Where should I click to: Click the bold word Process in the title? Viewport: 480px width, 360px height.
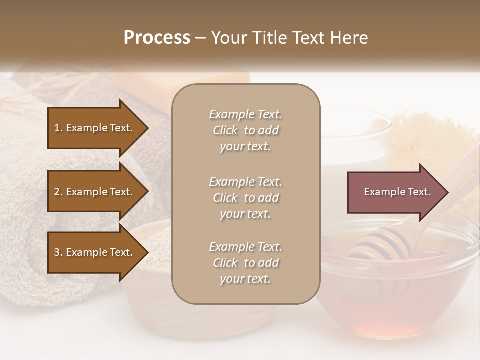[157, 38]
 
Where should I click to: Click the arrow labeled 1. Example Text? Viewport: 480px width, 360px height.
[95, 128]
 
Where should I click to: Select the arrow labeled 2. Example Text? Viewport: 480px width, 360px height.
[95, 192]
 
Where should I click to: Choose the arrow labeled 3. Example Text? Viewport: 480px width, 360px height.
[95, 252]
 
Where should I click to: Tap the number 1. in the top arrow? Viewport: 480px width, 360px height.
[58, 128]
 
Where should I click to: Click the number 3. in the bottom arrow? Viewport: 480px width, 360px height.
[58, 252]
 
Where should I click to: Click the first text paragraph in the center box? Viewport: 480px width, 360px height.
[245, 130]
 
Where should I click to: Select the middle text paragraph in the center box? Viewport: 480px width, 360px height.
[245, 198]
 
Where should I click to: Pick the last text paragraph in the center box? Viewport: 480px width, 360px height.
[245, 263]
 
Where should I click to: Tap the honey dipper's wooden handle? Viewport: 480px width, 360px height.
[450, 175]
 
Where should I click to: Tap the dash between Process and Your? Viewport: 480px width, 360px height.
[201, 38]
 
